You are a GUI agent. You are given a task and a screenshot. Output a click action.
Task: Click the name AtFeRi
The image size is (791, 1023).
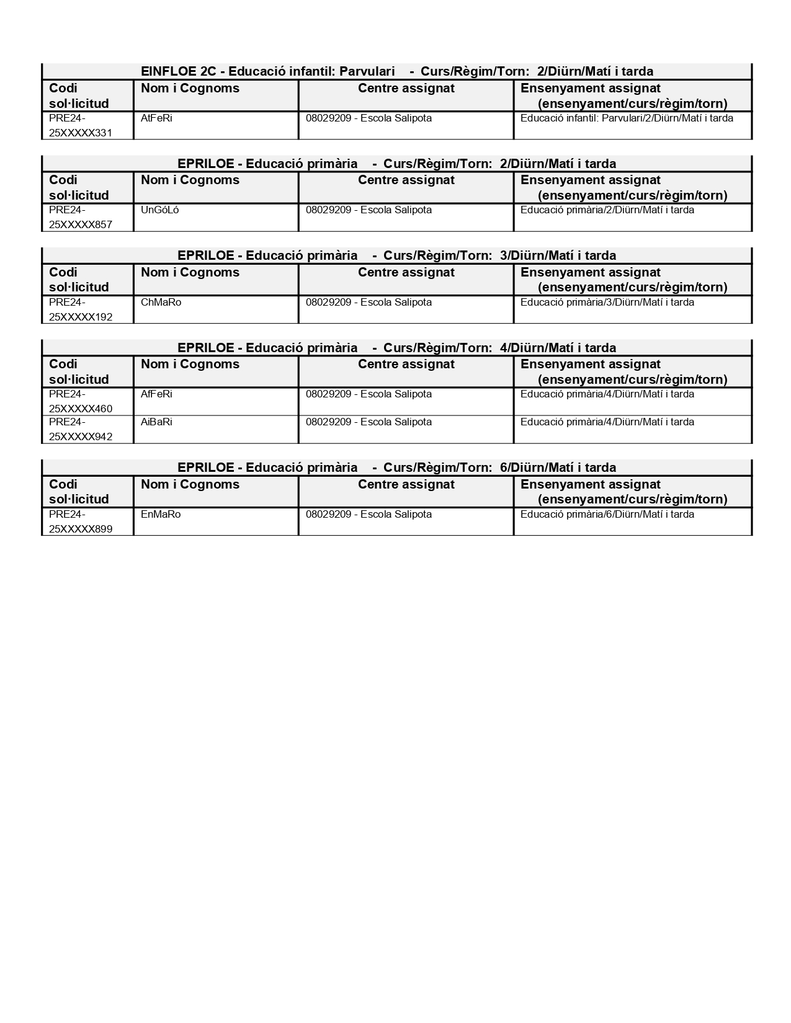(x=156, y=118)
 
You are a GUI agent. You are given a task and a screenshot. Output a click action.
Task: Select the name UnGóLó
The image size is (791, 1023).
(x=159, y=210)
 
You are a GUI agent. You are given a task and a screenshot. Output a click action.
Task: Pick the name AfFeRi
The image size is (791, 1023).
(x=156, y=394)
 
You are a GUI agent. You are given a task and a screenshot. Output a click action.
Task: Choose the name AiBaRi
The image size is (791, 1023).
(x=156, y=422)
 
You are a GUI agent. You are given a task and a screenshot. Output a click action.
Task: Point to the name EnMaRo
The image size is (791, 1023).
(x=161, y=515)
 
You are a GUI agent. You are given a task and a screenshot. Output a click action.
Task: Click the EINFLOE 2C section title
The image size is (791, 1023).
(x=397, y=71)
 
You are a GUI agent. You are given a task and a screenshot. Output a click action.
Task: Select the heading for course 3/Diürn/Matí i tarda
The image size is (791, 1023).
(x=397, y=255)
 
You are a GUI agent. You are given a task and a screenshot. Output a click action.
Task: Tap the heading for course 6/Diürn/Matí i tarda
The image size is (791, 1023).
(x=397, y=467)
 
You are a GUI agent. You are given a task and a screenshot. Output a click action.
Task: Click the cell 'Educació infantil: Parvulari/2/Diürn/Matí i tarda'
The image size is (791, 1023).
(x=627, y=118)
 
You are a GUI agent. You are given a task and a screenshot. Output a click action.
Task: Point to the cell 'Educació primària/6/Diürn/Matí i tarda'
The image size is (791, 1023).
(x=607, y=515)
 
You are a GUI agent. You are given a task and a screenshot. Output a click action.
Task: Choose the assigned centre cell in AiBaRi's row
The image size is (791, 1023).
(x=369, y=422)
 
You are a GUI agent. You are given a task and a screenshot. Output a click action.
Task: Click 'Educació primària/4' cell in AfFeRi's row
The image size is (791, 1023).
(x=607, y=394)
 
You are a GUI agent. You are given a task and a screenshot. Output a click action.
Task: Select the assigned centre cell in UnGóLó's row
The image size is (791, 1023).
(x=369, y=210)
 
